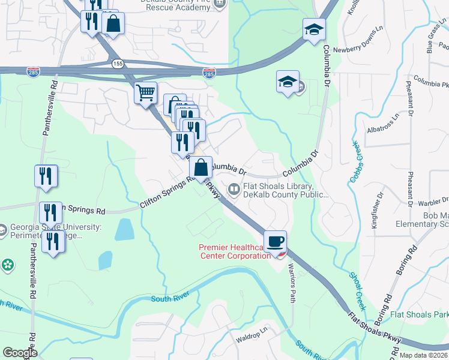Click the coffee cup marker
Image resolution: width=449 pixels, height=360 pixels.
pos(275,242)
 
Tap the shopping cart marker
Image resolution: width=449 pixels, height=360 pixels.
pos(145,94)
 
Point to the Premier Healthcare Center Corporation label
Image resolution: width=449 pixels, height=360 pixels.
pos(235,252)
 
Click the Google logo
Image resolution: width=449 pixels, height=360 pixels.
pos(20,353)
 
